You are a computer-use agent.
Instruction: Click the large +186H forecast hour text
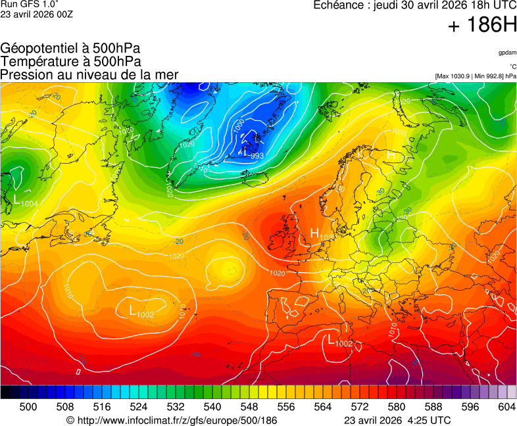[482, 26]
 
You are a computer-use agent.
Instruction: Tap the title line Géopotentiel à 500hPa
[70, 49]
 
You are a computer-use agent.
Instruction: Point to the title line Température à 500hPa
[70, 61]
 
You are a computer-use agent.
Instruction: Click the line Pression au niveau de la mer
[89, 74]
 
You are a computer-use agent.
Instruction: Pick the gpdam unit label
[506, 52]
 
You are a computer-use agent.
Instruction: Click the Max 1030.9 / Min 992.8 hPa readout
[476, 76]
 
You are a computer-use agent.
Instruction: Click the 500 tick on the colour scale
[28, 408]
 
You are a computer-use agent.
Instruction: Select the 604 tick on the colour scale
[506, 408]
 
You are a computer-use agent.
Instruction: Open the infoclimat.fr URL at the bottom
[172, 420]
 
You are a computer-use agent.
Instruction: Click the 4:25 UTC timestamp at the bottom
[428, 420]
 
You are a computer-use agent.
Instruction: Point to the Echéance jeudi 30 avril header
[415, 5]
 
